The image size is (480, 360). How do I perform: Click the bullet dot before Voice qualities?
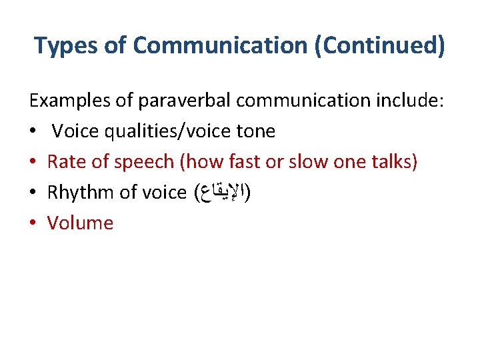pyautogui.click(x=33, y=131)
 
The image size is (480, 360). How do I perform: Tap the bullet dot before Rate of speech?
pyautogui.click(x=33, y=162)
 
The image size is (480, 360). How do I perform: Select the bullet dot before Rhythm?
pyautogui.click(x=33, y=193)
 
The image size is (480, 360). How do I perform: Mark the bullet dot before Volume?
pyautogui.click(x=33, y=223)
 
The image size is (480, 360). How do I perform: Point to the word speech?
pyautogui.click(x=147, y=162)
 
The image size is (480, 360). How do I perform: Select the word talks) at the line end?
pyautogui.click(x=393, y=162)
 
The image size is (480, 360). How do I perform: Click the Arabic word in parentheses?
pyautogui.click(x=222, y=193)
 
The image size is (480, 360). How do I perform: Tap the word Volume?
pyautogui.click(x=80, y=223)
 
